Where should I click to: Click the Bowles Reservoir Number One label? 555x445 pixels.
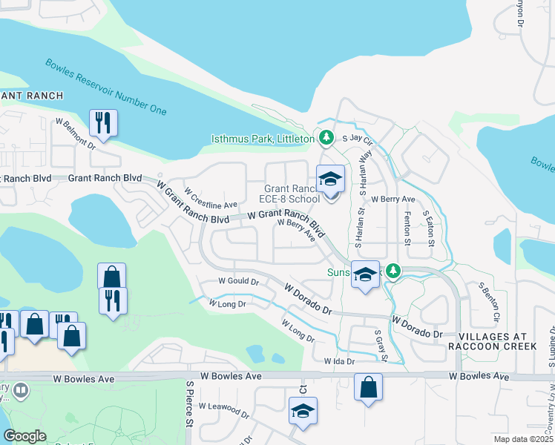click(105, 88)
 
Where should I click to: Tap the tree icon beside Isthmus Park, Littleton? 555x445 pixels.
click(326, 137)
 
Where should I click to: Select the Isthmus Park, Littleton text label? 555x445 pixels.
click(263, 139)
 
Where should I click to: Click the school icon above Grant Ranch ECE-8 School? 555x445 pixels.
click(331, 179)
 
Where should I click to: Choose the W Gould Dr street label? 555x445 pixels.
click(238, 282)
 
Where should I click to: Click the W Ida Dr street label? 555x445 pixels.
click(340, 361)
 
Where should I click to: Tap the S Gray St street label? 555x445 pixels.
click(381, 346)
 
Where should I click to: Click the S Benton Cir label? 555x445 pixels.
click(488, 303)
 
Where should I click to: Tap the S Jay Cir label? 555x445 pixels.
click(355, 138)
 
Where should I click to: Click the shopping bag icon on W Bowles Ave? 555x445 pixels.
click(369, 387)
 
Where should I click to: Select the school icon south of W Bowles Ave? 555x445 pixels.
click(303, 411)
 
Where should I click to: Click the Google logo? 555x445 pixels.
click(24, 436)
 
